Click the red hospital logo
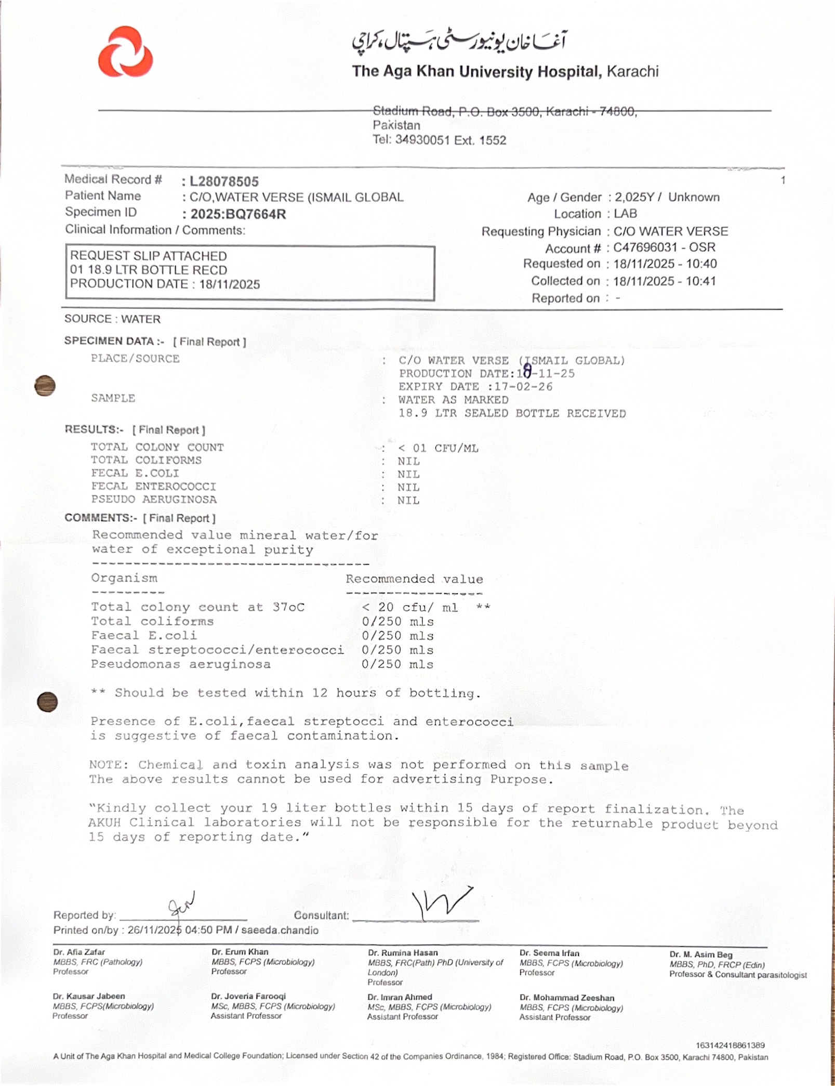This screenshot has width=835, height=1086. (125, 52)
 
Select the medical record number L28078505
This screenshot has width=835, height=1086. (224, 181)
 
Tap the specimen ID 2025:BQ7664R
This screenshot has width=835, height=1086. (238, 214)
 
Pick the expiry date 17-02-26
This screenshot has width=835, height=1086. (523, 387)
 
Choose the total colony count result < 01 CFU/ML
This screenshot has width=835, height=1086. (438, 448)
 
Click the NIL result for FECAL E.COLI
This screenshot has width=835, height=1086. (408, 474)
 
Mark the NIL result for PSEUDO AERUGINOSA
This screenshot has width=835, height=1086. (408, 500)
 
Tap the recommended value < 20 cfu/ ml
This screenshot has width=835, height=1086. (410, 607)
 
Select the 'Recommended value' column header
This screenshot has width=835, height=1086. (414, 579)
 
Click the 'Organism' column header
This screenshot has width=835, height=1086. (124, 578)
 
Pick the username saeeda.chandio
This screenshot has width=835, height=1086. (281, 930)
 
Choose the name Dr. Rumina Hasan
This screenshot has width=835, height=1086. (403, 953)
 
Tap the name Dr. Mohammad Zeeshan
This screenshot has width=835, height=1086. (566, 998)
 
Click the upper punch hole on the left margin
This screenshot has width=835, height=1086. (45, 386)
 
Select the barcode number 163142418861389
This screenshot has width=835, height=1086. (730, 1045)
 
